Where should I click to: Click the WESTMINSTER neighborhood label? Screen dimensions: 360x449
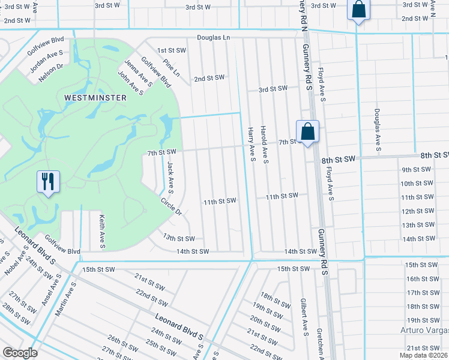click(95, 97)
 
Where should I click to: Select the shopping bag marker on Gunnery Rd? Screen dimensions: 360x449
click(307, 132)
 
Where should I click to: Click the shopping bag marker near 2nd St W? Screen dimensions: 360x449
click(358, 10)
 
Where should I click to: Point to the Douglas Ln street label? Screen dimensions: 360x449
click(214, 37)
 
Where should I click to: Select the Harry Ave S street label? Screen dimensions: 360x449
click(252, 145)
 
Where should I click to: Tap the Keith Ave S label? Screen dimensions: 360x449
click(102, 232)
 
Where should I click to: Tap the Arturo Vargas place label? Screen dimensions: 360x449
click(424, 331)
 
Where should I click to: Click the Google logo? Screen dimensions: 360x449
click(20, 353)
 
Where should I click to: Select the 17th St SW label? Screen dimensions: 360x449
click(422, 293)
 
